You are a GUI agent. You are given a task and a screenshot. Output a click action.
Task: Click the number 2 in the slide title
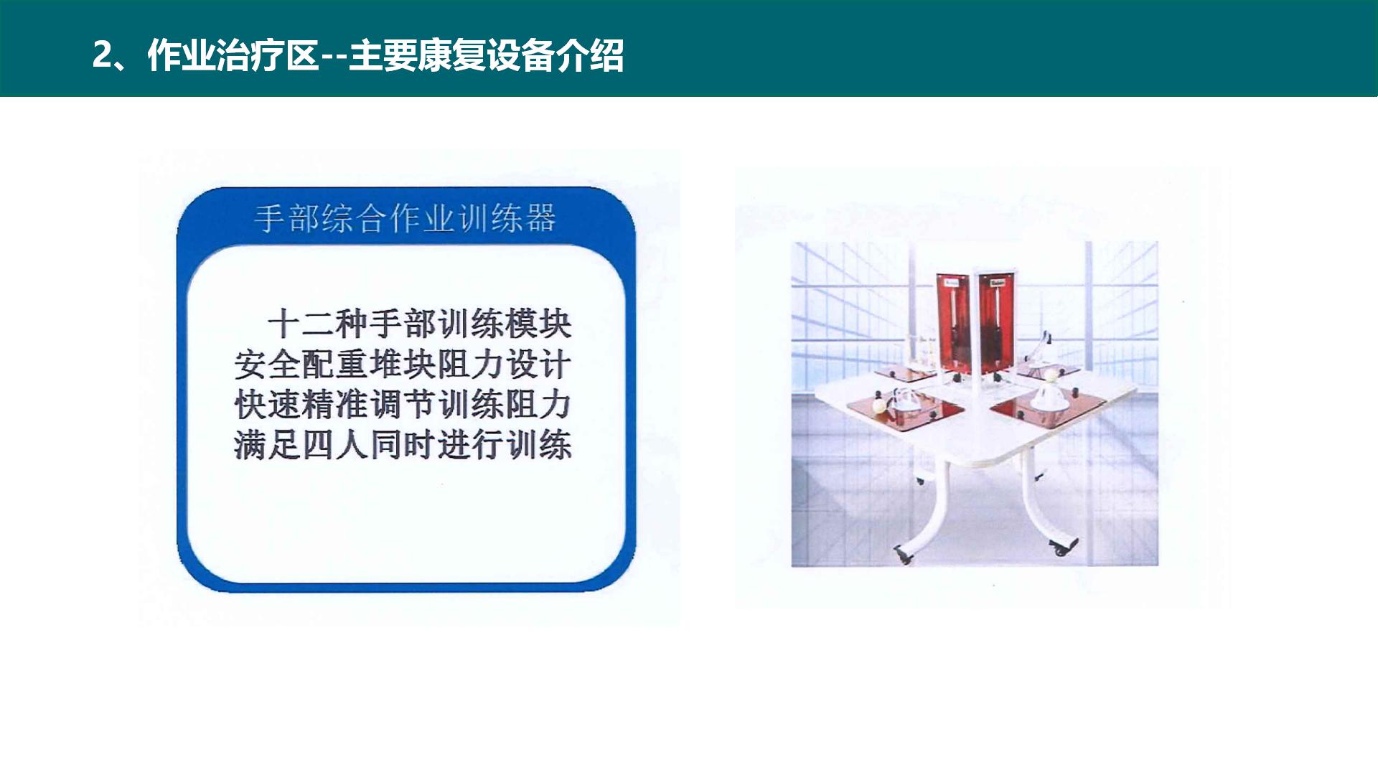103,55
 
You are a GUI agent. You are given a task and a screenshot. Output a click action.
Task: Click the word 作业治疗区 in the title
233,55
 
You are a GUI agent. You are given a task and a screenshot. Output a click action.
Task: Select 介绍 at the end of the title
589,55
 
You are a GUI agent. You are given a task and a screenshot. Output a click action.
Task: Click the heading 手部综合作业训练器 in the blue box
406,218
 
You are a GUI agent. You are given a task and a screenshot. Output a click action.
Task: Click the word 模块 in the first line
539,324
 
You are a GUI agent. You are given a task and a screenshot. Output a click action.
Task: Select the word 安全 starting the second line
267,365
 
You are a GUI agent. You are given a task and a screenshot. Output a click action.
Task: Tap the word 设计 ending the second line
539,365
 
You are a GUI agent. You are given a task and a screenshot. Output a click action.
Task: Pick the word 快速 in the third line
267,405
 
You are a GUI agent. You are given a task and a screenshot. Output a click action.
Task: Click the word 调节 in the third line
403,405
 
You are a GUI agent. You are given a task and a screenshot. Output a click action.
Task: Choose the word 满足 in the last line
267,445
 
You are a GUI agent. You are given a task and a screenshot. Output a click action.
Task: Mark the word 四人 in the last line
335,445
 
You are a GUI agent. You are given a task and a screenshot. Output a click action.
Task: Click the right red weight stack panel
998,323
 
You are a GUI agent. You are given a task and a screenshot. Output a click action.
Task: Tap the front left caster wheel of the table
902,555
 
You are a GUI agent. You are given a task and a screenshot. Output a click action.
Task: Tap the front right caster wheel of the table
1060,549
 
